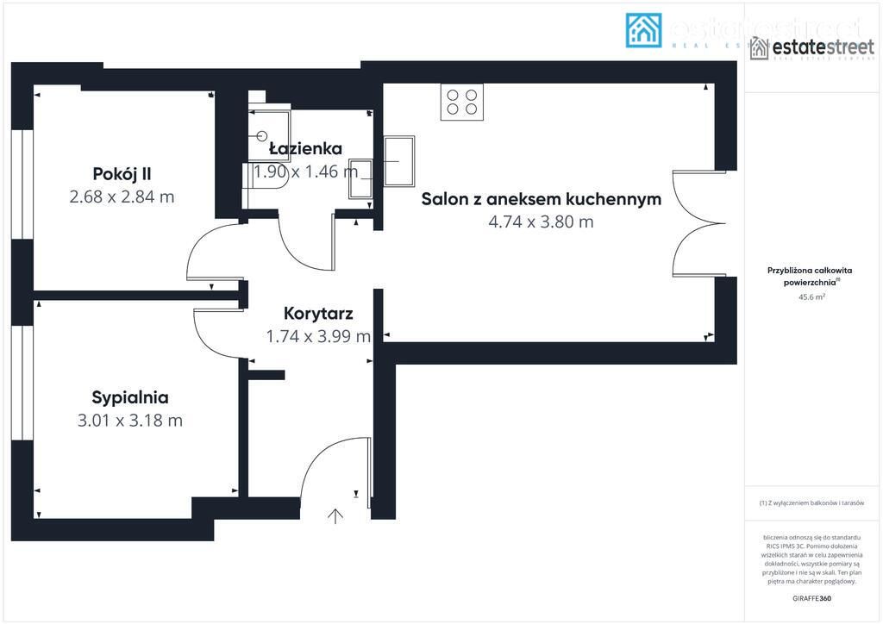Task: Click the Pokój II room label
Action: (122, 173)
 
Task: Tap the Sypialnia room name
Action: (130, 397)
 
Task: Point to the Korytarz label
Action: (318, 313)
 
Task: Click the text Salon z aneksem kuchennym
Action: (541, 199)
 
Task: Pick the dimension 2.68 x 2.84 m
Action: (122, 197)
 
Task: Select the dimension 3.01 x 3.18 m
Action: (130, 421)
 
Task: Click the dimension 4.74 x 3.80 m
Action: (541, 222)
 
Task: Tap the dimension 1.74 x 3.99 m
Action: (318, 336)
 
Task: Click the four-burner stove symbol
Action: (461, 102)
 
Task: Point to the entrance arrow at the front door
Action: (335, 516)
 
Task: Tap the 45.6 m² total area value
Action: (811, 296)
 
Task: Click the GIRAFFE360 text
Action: (811, 597)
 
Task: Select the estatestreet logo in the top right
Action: (799, 48)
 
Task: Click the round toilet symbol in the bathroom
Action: (264, 135)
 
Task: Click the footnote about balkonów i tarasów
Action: (811, 502)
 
